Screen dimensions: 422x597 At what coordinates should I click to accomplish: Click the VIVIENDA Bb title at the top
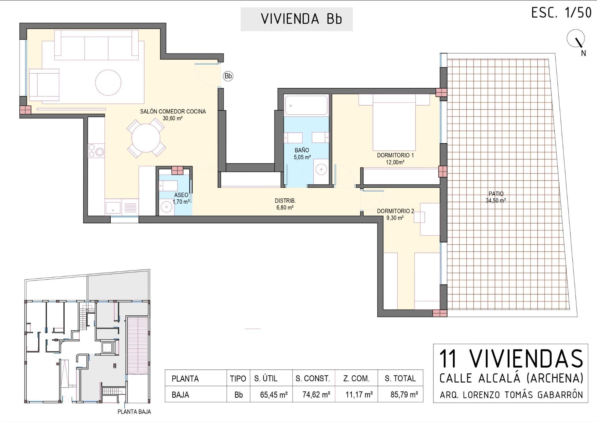[301, 19]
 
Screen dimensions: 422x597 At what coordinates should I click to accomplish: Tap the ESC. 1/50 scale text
[561, 13]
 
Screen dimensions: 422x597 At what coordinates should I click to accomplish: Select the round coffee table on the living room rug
[108, 82]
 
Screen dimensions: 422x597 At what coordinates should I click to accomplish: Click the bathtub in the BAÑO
[306, 105]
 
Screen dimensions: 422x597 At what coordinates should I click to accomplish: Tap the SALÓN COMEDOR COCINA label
[173, 111]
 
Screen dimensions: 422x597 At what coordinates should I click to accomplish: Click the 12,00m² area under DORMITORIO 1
[395, 162]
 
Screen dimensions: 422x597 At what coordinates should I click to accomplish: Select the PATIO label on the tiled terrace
[496, 194]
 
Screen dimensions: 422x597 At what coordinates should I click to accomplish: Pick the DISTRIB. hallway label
[285, 201]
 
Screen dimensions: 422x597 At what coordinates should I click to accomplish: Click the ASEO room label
[181, 195]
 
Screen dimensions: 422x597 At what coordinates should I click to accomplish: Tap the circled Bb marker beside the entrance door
[228, 76]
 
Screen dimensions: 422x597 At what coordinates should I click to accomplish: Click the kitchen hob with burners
[96, 150]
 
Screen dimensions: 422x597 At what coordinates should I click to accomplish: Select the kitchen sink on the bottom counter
[113, 207]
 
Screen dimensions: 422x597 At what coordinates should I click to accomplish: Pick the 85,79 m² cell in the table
[404, 395]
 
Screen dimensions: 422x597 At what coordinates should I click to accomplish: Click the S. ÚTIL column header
[266, 378]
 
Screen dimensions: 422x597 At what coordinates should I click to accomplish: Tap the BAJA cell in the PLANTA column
[180, 395]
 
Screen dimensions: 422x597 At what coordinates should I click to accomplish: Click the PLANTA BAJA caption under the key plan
[134, 412]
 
